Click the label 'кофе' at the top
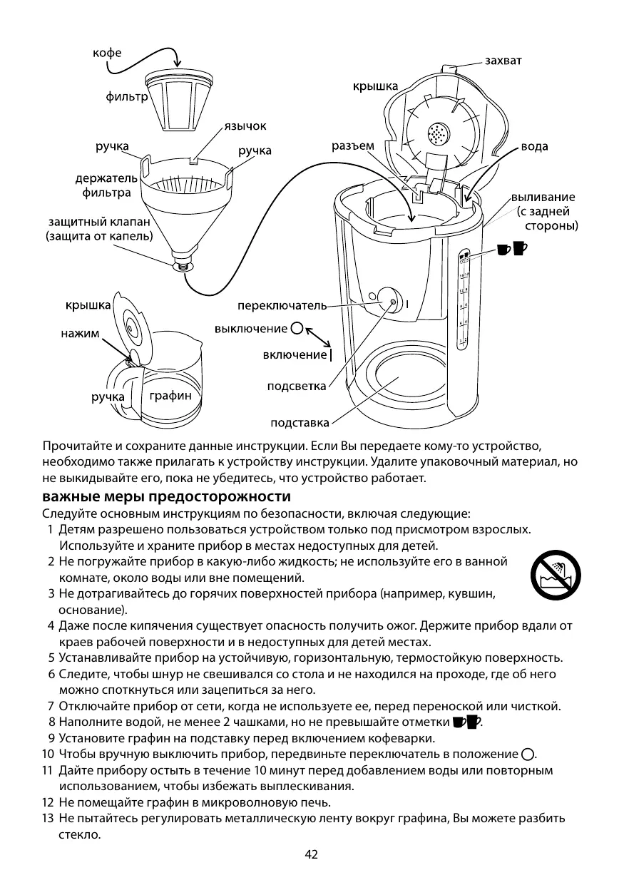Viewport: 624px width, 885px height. [x=106, y=53]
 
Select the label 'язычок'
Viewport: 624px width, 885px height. [x=245, y=126]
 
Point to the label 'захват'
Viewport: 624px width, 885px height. [x=503, y=61]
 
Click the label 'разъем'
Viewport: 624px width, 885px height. [x=353, y=145]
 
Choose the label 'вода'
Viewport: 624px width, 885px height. [x=534, y=146]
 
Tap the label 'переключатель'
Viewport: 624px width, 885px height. [x=282, y=306]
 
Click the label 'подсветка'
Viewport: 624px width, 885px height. [x=296, y=387]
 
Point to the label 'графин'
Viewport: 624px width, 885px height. [x=170, y=396]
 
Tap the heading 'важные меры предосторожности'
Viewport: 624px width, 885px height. [x=166, y=496]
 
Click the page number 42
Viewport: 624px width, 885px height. [x=312, y=855]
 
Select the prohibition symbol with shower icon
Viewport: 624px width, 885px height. [x=555, y=575]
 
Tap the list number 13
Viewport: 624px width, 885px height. [x=48, y=818]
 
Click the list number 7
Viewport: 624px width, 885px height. [x=51, y=707]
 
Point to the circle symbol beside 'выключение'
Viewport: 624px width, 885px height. [x=297, y=329]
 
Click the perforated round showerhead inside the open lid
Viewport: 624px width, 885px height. [x=436, y=133]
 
